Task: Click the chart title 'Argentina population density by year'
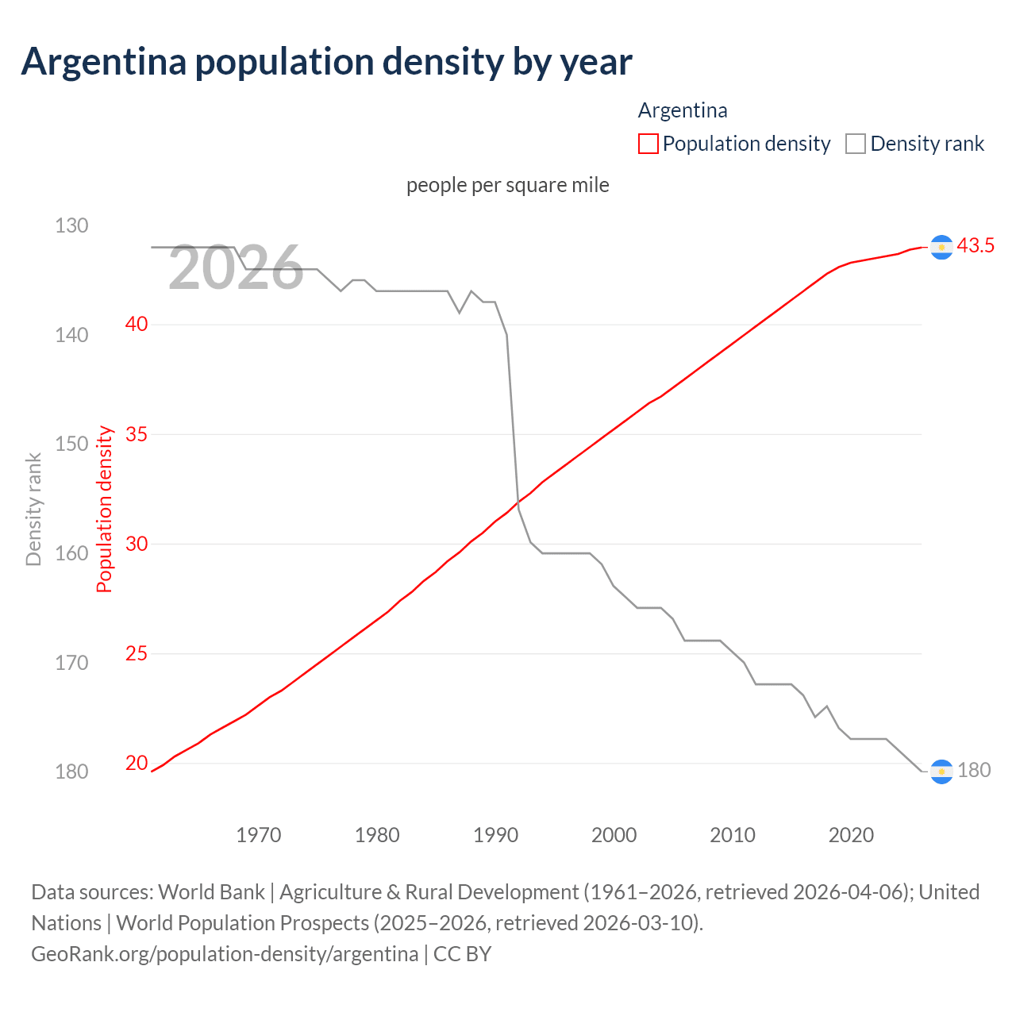coord(326,62)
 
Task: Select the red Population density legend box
coord(648,144)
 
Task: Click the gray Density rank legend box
coord(855,144)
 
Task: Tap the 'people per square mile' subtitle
coord(507,185)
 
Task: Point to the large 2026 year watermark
coord(236,268)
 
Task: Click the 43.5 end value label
coord(975,246)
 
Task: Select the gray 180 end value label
coord(974,771)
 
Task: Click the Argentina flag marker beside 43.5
coord(941,248)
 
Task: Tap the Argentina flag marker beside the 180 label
coord(941,772)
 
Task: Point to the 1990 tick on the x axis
coord(495,835)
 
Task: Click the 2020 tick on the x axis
coord(851,835)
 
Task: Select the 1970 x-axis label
coord(259,835)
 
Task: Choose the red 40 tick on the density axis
coord(137,324)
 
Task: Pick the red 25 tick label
coord(137,654)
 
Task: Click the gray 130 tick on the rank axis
coord(71,226)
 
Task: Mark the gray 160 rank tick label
coord(71,553)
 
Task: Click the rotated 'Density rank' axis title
coord(33,510)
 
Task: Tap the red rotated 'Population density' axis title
coord(105,510)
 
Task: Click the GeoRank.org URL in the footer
coord(225,954)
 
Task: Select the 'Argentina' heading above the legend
coord(683,110)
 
